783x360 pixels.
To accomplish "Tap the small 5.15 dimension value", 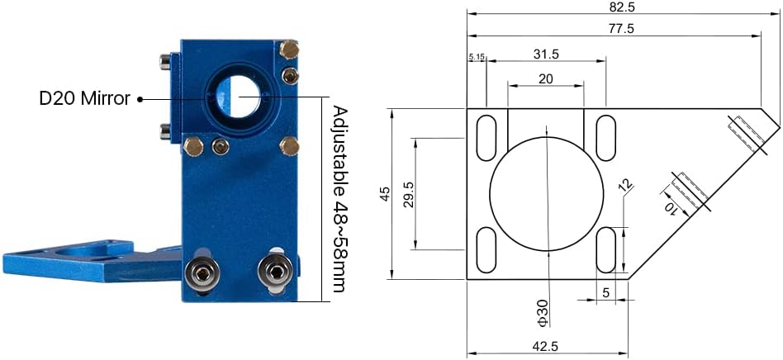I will click(477, 57).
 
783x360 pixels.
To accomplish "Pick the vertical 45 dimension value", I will click(384, 194).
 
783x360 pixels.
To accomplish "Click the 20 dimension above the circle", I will click(546, 78).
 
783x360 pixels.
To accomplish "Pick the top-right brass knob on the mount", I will click(288, 50).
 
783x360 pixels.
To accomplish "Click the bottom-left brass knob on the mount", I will click(193, 147).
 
